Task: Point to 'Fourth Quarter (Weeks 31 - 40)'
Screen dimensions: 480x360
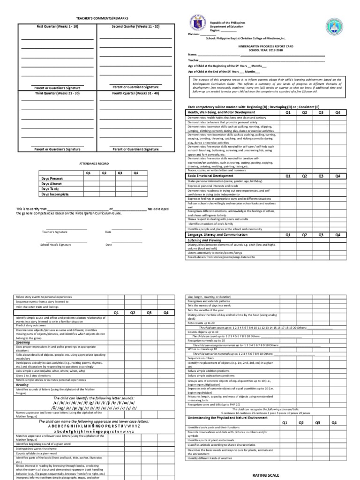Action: pos(135,93)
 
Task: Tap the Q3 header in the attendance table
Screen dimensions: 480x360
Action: pos(120,173)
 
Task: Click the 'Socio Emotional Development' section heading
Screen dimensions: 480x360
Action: pos(213,176)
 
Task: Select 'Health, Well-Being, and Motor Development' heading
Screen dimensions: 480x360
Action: pos(221,112)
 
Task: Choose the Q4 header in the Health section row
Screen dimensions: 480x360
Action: pos(337,112)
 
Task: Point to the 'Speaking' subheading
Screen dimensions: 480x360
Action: pos(23,343)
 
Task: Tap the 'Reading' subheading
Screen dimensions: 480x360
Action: pos(22,384)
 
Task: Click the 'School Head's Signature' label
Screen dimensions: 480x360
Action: pos(55,245)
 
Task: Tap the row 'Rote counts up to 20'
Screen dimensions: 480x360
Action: pos(202,323)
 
